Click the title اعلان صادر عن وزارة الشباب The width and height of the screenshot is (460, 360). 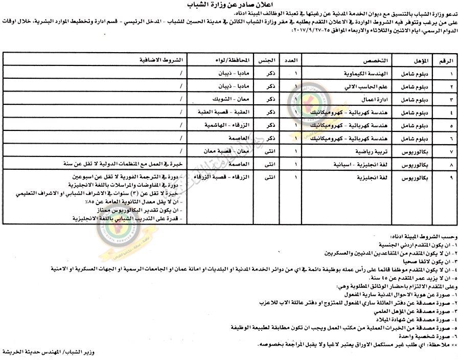click(x=230, y=6)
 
